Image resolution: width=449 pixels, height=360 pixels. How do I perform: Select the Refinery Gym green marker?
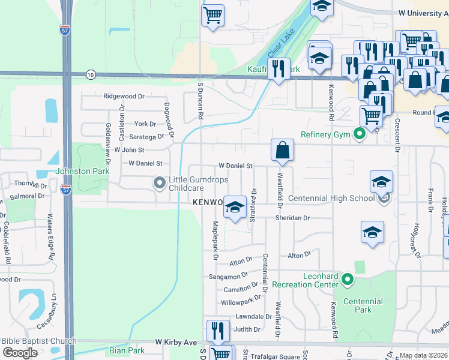[x=360, y=134]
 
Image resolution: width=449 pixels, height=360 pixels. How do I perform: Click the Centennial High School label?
[x=331, y=198]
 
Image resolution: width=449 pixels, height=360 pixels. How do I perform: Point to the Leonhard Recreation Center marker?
[x=347, y=279]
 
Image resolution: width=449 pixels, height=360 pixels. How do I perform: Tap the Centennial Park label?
[x=363, y=305]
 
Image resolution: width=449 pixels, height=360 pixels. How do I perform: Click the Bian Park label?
[x=127, y=350]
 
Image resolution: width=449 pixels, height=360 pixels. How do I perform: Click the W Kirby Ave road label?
[x=176, y=342]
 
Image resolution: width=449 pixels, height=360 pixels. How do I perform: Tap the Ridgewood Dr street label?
[x=124, y=96]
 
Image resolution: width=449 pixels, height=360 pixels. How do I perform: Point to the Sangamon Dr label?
[x=228, y=276]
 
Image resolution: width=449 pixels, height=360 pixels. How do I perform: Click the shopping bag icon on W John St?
[x=282, y=150]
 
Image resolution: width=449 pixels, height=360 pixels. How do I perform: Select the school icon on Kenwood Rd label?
[x=236, y=207]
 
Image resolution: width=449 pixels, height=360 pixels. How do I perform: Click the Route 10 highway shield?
[x=91, y=74]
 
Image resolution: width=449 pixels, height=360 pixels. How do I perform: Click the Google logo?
[x=20, y=352]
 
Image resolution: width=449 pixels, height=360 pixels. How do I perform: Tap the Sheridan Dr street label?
[x=292, y=218]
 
